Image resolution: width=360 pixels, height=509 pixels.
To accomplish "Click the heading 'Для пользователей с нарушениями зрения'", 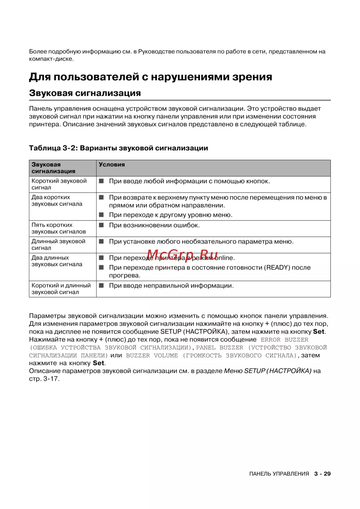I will [x=150, y=77].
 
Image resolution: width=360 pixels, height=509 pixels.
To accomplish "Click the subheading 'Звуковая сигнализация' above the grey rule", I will [x=85, y=93].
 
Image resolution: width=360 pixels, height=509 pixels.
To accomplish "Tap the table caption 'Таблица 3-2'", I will [x=53, y=148].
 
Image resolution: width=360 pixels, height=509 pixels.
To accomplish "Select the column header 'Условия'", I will [x=112, y=164].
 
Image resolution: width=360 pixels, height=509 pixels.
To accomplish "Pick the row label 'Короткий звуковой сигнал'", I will [x=59, y=184].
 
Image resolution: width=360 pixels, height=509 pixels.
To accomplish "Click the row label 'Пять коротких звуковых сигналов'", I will [x=59, y=228].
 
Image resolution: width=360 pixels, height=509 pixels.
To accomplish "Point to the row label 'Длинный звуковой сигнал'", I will [x=58, y=245].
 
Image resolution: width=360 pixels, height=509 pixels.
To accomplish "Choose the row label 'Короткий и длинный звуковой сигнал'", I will [x=61, y=289].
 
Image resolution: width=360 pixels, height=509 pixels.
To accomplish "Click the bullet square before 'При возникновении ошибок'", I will [x=102, y=225].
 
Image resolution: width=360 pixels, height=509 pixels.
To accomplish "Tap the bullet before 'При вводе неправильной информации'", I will [x=102, y=286].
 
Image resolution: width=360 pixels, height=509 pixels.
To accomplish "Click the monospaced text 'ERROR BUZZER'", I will [x=284, y=340].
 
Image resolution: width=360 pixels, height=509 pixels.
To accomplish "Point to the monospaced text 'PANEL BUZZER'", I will [x=220, y=347].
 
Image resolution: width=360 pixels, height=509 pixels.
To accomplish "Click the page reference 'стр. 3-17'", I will [x=44, y=379].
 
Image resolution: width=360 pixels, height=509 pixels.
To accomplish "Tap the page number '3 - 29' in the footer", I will [x=322, y=474].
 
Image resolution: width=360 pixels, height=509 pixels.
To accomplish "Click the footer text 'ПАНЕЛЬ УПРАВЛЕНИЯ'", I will [x=279, y=474].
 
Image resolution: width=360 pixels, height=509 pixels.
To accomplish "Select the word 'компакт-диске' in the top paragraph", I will [x=51, y=59].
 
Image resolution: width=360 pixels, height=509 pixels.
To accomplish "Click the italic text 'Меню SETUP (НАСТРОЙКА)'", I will [x=268, y=371].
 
